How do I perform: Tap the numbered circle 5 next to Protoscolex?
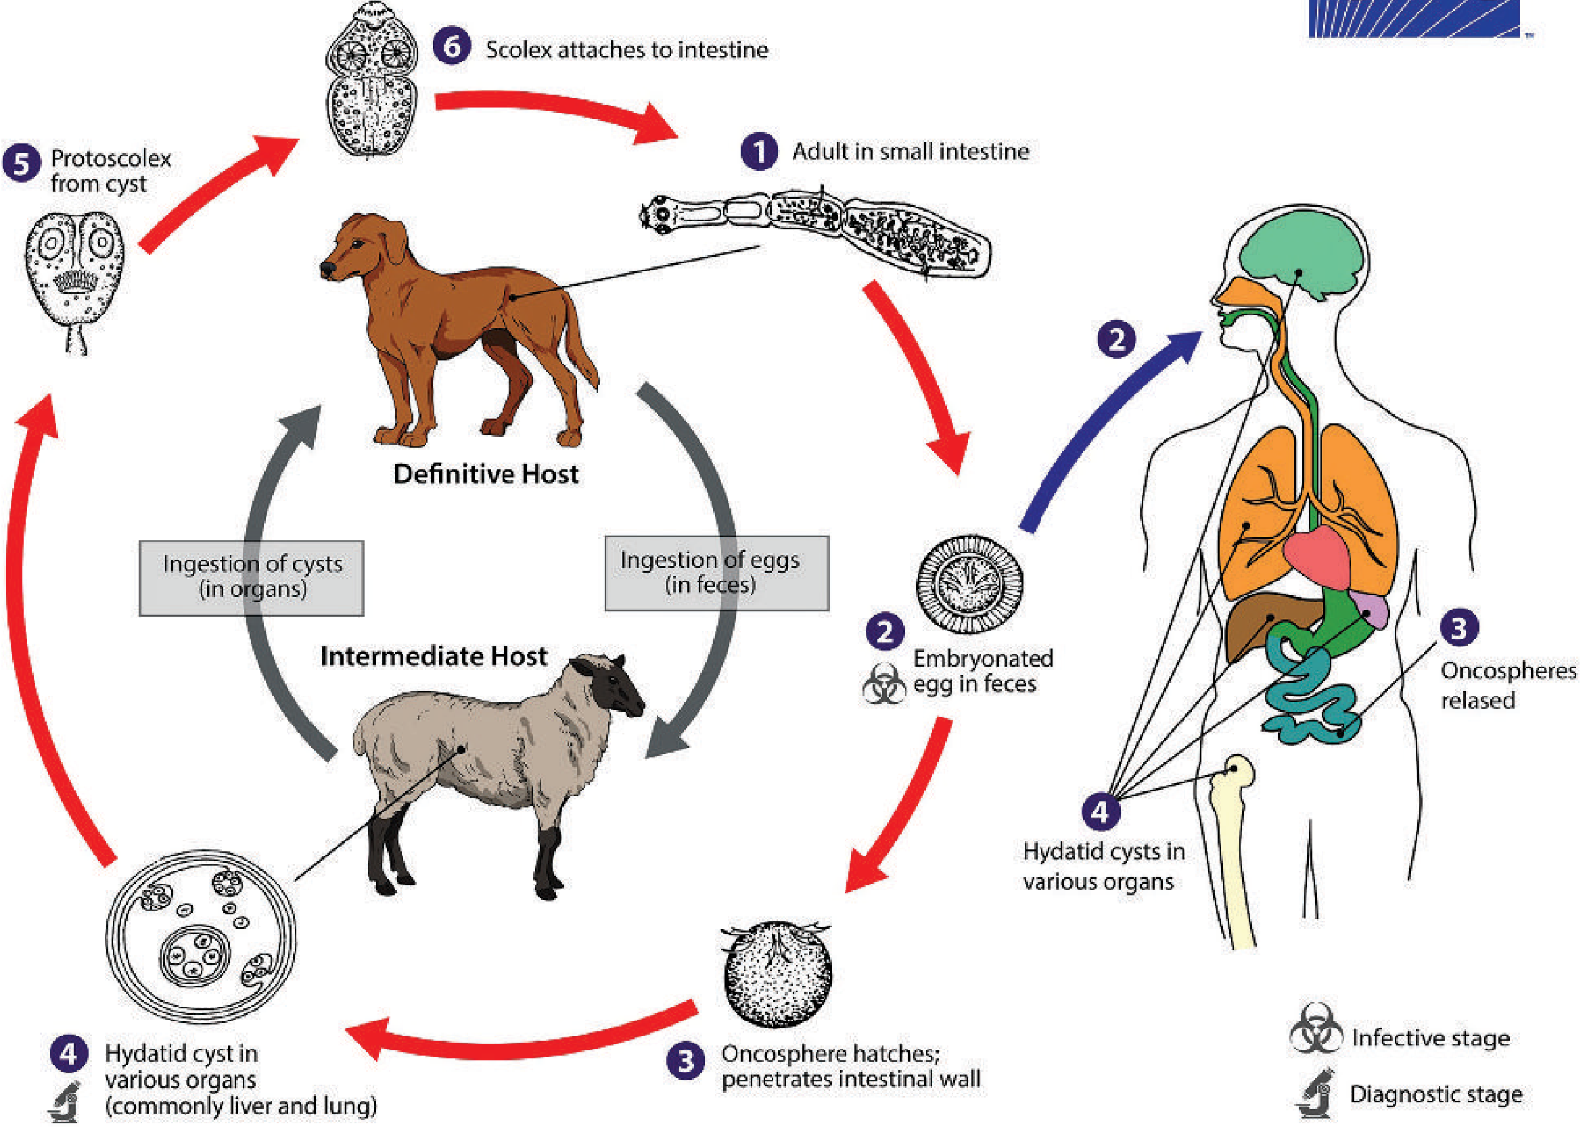tap(22, 164)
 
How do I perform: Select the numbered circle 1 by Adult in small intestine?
tap(760, 151)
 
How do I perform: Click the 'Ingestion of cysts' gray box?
tap(251, 578)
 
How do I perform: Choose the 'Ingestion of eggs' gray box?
tap(717, 573)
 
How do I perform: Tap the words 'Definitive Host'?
tap(486, 474)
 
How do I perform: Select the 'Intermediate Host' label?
tap(433, 656)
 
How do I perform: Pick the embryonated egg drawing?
tap(969, 584)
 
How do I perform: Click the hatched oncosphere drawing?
tap(777, 974)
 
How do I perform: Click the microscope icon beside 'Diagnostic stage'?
tap(1315, 1093)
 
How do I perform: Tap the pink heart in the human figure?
tap(1316, 557)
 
